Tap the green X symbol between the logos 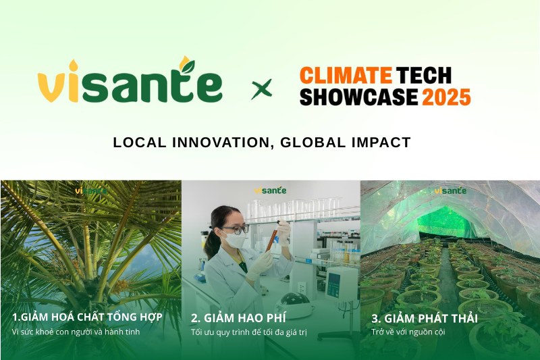click(261, 88)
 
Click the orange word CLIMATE click(346, 74)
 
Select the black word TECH click(423, 74)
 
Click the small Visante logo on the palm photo click(91, 190)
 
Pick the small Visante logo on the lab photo click(270, 190)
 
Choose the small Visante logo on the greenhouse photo click(450, 190)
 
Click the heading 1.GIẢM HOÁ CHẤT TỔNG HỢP click(87, 317)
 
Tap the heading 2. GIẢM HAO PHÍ click(241, 317)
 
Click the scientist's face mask click(236, 240)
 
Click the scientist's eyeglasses click(238, 229)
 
